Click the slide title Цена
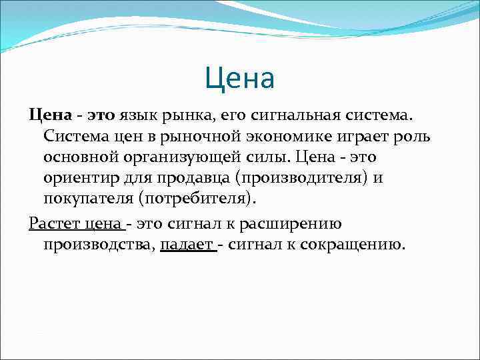239,79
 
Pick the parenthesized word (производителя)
301,179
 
